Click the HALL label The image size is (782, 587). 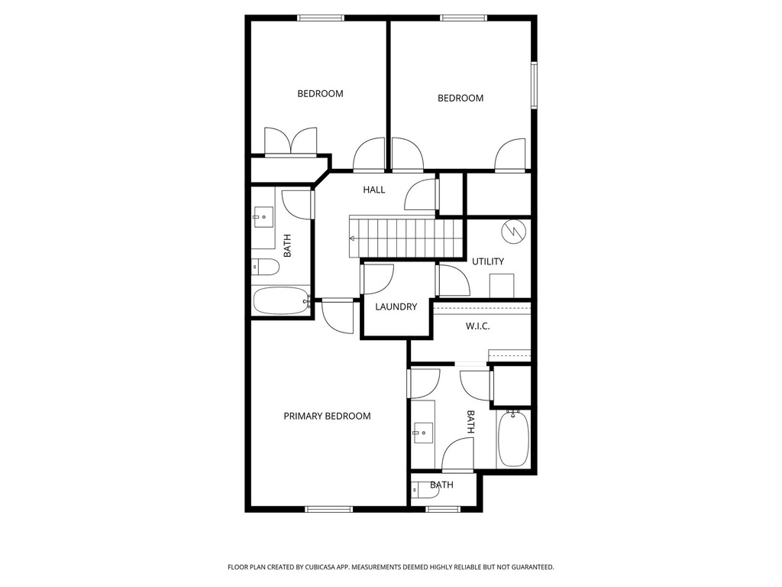click(374, 190)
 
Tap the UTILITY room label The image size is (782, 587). click(487, 261)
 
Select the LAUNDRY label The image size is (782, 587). click(396, 306)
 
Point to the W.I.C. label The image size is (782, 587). click(477, 326)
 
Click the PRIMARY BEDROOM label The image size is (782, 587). click(327, 416)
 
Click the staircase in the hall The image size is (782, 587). click(406, 238)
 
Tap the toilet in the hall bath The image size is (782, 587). click(265, 267)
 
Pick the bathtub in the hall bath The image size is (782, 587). click(280, 300)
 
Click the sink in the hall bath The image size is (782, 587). click(264, 218)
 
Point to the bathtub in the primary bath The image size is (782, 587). click(512, 439)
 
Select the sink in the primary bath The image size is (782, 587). click(422, 433)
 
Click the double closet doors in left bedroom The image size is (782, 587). click(290, 142)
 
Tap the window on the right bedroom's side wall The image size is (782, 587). click(535, 85)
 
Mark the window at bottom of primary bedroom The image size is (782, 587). click(328, 508)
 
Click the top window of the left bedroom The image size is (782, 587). click(320, 18)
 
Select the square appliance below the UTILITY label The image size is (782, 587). click(499, 284)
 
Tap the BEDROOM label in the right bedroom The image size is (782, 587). click(460, 98)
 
